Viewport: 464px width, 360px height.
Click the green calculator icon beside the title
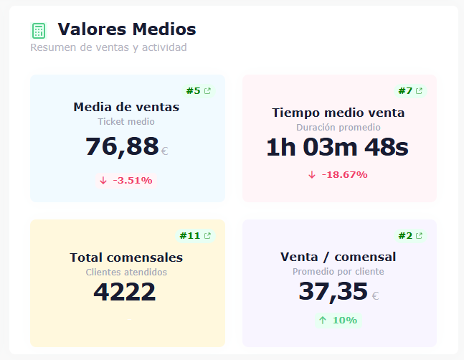pyautogui.click(x=39, y=30)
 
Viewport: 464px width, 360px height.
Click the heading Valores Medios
pyautogui.click(x=126, y=29)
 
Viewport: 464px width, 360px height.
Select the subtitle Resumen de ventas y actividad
pyautogui.click(x=108, y=47)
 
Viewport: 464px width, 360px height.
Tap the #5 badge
pyautogui.click(x=198, y=91)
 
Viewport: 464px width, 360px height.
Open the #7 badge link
pyautogui.click(x=410, y=91)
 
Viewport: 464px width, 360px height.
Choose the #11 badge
pyautogui.click(x=195, y=236)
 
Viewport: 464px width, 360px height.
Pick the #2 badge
pyautogui.click(x=410, y=236)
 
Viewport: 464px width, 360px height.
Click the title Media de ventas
pyautogui.click(x=126, y=107)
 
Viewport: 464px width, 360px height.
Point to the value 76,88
pyautogui.click(x=122, y=146)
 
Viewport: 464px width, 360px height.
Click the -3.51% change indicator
pyautogui.click(x=126, y=180)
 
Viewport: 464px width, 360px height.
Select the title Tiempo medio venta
pyautogui.click(x=338, y=113)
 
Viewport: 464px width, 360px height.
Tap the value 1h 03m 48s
pyautogui.click(x=337, y=148)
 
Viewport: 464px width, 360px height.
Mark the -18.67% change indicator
pyautogui.click(x=338, y=174)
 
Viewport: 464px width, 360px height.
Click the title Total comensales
pyautogui.click(x=126, y=257)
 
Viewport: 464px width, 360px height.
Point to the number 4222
pyautogui.click(x=125, y=292)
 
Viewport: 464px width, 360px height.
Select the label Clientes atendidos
pyautogui.click(x=126, y=273)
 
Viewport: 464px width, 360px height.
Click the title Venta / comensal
pyautogui.click(x=338, y=257)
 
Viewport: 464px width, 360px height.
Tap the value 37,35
pyautogui.click(x=333, y=292)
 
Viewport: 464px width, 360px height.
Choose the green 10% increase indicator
pyautogui.click(x=338, y=320)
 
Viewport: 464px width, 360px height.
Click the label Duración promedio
pyautogui.click(x=338, y=128)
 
